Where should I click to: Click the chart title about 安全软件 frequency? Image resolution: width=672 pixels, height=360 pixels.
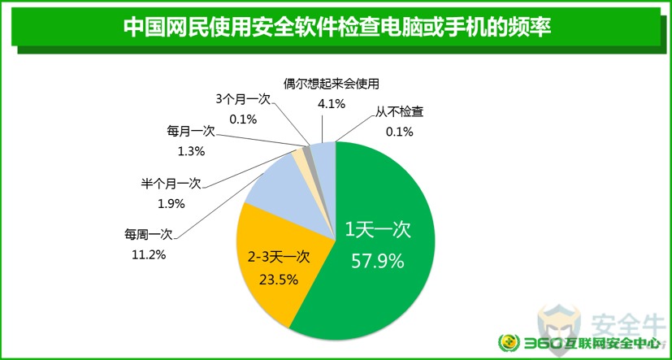337,28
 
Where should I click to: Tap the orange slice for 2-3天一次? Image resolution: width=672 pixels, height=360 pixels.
279,266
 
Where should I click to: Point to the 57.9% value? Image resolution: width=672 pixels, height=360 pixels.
378,260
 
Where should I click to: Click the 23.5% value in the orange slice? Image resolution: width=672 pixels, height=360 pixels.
279,280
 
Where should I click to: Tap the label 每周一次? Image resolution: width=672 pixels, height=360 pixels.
148,234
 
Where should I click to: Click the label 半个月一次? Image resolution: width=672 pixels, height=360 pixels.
171,184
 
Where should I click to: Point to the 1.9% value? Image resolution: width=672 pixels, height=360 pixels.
171,204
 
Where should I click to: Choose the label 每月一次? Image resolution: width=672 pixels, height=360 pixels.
190,132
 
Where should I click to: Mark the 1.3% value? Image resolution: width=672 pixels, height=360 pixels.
191,151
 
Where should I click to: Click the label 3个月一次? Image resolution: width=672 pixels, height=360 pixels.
243,99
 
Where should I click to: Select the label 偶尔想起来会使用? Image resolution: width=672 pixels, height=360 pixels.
332,84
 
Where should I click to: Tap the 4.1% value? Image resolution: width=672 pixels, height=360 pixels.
331,103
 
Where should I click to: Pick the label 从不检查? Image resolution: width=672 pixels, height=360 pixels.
400,113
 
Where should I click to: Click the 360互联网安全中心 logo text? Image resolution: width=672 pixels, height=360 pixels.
589,343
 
